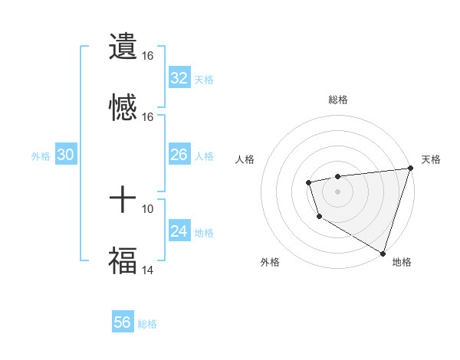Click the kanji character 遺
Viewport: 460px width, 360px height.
click(123, 47)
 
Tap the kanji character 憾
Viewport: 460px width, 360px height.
click(123, 108)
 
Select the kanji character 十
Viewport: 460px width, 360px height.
click(123, 200)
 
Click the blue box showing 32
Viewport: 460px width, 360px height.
click(179, 78)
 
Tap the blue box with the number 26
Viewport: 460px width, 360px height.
click(179, 155)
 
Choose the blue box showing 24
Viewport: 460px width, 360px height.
click(179, 231)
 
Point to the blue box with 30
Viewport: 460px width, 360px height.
click(66, 155)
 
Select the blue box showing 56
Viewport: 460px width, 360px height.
click(123, 322)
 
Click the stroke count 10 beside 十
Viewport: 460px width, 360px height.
click(148, 208)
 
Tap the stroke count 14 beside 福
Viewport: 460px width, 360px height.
click(148, 270)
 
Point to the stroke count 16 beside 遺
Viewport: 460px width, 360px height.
click(148, 56)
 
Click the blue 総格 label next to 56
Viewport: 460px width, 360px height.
click(147, 324)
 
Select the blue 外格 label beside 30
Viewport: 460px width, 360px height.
click(41, 155)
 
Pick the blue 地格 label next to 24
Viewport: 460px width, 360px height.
click(204, 232)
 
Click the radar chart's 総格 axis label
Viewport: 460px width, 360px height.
click(338, 100)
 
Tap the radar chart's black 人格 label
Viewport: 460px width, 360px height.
click(245, 159)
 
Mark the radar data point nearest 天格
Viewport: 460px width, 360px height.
click(410, 169)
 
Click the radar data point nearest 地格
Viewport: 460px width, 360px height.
click(383, 252)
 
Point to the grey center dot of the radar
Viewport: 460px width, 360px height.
click(337, 191)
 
